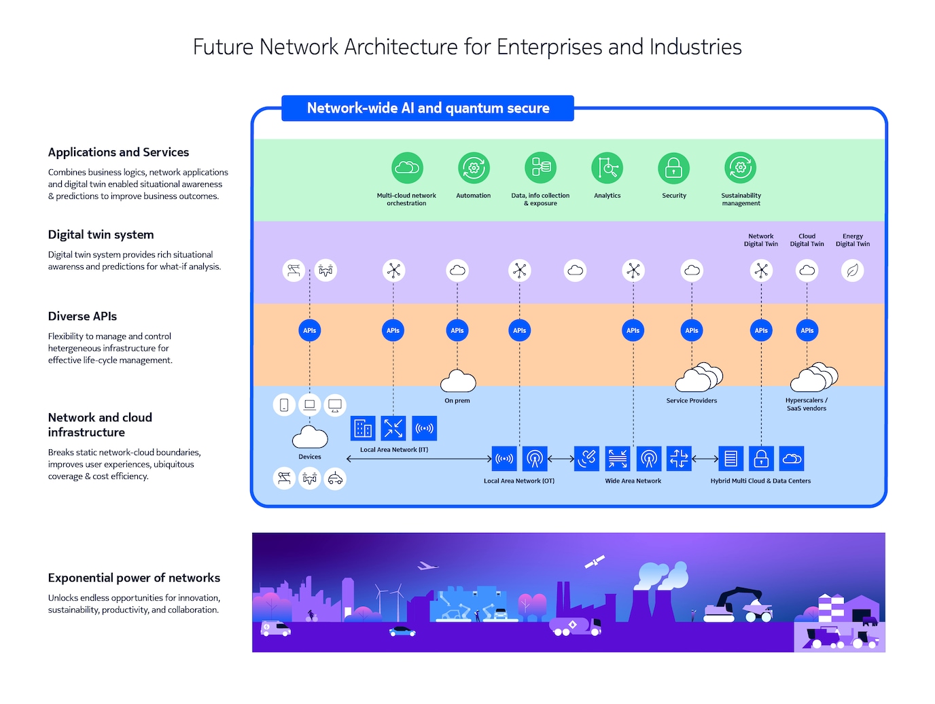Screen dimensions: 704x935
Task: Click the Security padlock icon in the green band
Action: tap(673, 168)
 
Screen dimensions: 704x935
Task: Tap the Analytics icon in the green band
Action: tap(607, 168)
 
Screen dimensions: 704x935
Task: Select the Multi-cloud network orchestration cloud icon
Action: tap(406, 168)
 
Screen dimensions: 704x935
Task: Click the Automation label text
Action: tap(473, 196)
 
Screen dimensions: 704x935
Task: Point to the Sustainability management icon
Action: tap(741, 168)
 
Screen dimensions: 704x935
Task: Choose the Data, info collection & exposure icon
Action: tap(540, 168)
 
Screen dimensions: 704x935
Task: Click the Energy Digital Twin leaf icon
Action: tap(852, 270)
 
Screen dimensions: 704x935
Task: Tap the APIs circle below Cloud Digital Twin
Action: tap(807, 330)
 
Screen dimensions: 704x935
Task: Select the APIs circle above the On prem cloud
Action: tap(457, 330)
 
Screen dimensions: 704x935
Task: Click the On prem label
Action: tap(457, 401)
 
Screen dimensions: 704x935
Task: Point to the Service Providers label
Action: tap(691, 401)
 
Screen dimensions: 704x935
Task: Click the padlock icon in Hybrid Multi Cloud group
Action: tap(761, 459)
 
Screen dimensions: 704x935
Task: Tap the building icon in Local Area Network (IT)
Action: tap(363, 428)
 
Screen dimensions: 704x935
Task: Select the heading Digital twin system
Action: tap(101, 234)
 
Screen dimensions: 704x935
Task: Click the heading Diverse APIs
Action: tap(82, 316)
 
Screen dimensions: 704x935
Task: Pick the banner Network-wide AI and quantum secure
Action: tap(427, 108)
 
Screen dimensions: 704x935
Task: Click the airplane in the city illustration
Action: tap(427, 565)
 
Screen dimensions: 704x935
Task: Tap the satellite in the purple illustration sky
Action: tap(595, 562)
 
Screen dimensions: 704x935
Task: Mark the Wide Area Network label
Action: tap(633, 481)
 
